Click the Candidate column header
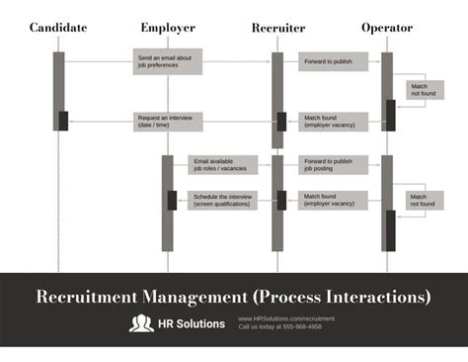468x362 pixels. point(58,28)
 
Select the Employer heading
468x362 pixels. point(168,28)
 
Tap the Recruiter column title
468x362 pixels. point(277,28)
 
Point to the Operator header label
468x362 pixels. point(387,28)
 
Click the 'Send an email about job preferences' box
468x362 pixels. point(168,62)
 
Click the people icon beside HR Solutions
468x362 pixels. point(141,323)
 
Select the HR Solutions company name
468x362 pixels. point(192,323)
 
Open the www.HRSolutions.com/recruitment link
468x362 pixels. point(286,318)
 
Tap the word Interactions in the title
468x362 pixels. point(376,296)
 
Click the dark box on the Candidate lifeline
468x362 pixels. point(63,121)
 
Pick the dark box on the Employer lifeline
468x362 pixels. point(173,200)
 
